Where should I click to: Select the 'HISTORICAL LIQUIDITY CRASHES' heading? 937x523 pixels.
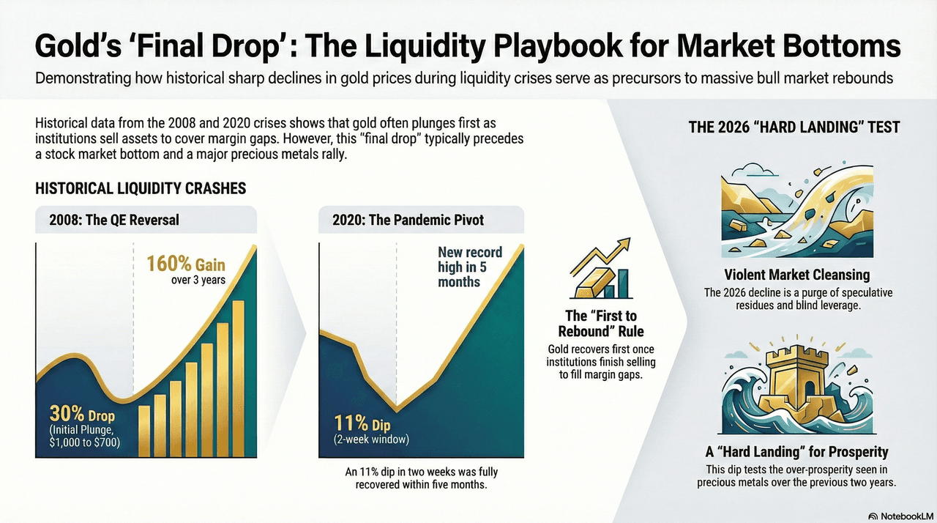pos(140,188)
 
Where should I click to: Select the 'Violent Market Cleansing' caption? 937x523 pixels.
pos(796,275)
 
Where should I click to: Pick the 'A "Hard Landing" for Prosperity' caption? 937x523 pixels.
pos(796,451)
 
